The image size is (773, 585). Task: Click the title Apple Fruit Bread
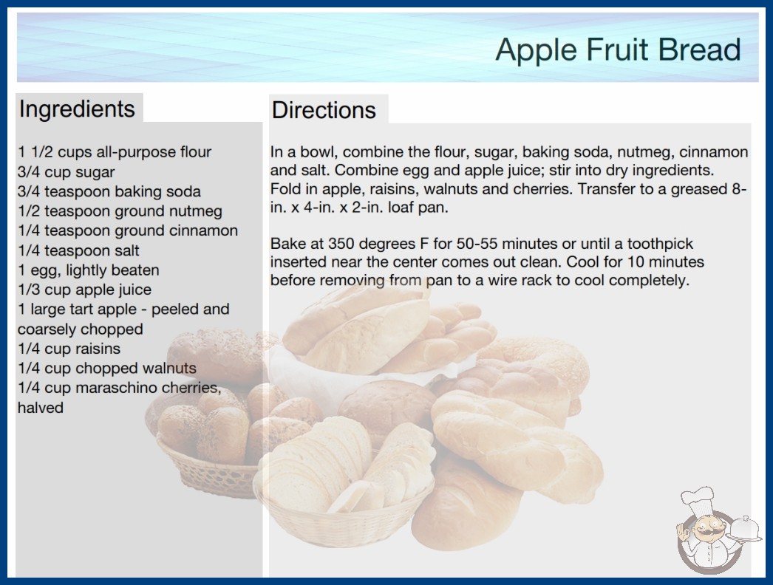coord(619,49)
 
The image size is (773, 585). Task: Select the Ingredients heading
coord(77,109)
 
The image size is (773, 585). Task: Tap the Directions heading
coord(324,110)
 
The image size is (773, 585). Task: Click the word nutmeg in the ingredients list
coord(196,211)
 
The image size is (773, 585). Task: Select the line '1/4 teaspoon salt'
coord(79,250)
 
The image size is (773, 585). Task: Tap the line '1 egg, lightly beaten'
coord(89,270)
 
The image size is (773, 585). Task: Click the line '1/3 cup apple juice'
coord(85,290)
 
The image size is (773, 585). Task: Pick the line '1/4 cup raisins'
coord(69,349)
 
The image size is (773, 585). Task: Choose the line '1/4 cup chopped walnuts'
coord(107,368)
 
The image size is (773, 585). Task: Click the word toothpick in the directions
coord(660,244)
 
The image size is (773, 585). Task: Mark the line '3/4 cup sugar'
coord(66,172)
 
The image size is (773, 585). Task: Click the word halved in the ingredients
coord(41,408)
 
